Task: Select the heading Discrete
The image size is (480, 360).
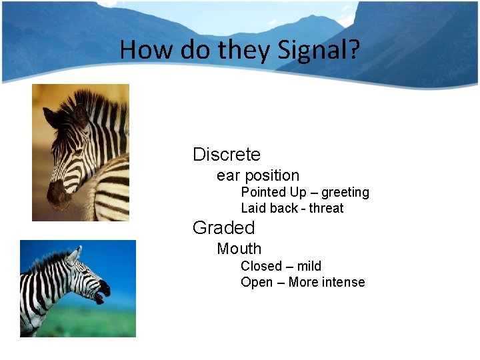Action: point(226,155)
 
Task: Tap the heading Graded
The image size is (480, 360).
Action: point(223,228)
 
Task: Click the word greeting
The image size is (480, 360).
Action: point(345,193)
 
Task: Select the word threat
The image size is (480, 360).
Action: point(326,208)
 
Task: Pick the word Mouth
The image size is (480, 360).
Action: point(239,249)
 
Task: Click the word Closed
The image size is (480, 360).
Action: point(261,266)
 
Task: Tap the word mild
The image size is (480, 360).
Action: point(309,266)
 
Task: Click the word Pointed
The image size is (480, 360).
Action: point(264,193)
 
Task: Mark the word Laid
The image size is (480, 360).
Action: point(253,208)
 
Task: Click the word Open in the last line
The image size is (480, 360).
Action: point(257,282)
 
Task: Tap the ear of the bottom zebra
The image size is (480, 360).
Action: point(74,254)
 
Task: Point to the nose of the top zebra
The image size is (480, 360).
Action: point(56,195)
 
